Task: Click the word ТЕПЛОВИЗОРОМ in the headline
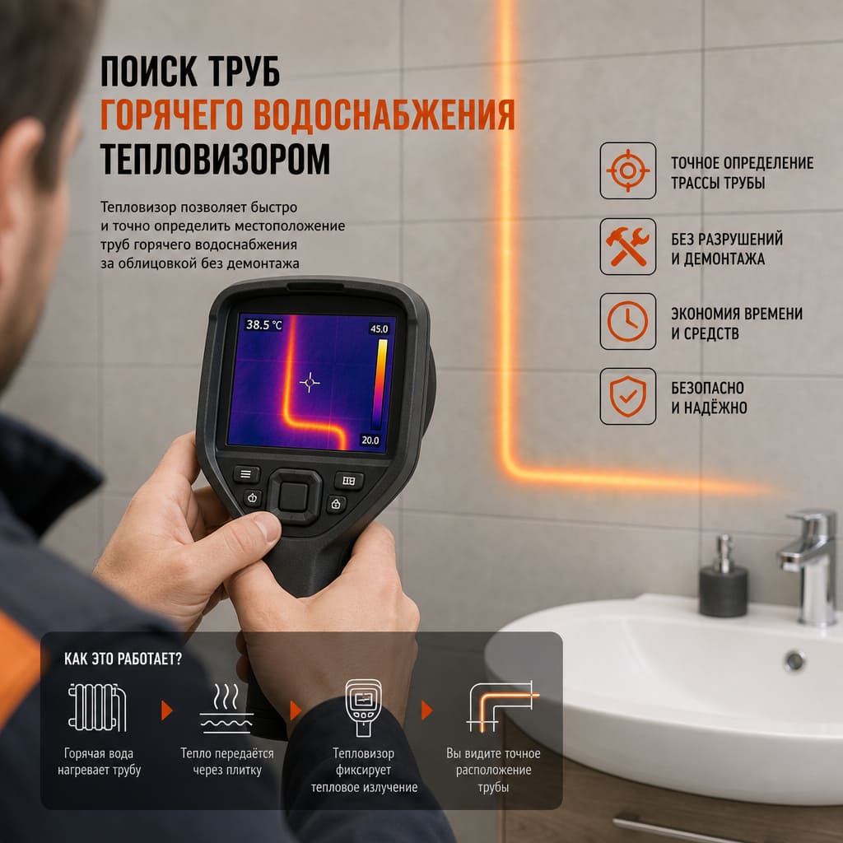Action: (215, 159)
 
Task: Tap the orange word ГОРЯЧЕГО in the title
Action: (171, 114)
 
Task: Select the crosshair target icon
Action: (627, 170)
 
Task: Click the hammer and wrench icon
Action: (627, 246)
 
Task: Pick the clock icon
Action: (627, 321)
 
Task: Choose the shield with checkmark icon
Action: (627, 396)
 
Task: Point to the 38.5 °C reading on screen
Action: (263, 324)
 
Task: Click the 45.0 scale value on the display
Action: (379, 328)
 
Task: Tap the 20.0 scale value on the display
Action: (370, 440)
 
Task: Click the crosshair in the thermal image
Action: (310, 382)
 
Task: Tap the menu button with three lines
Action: (246, 473)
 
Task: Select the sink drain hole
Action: (794, 661)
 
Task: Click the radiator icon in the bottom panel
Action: (97, 707)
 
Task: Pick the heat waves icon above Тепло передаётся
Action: (226, 708)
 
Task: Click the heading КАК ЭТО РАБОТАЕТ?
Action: (123, 659)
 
